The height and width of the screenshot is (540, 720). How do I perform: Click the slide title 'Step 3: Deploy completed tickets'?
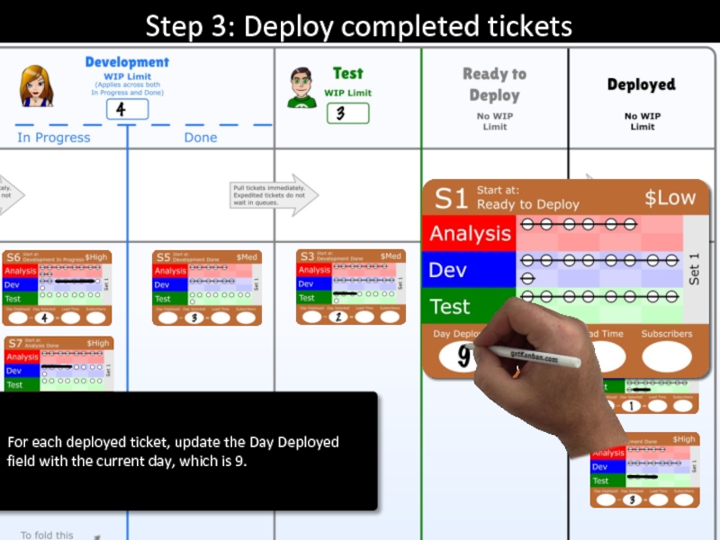[359, 26]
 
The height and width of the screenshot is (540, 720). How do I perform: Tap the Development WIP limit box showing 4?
[127, 110]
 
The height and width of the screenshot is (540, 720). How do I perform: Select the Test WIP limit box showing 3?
[347, 113]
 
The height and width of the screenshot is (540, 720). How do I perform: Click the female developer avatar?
[37, 86]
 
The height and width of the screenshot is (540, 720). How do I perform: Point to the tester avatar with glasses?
[302, 87]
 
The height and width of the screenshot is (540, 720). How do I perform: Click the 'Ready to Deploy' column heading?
[494, 85]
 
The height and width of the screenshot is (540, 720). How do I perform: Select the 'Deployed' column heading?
[641, 85]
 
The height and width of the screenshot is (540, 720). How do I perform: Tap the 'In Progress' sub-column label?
[54, 138]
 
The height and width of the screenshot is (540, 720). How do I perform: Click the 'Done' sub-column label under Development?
[200, 138]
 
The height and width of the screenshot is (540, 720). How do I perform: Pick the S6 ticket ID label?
[13, 256]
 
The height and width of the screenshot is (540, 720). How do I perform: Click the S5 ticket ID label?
[163, 256]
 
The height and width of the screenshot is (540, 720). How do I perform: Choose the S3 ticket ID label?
[307, 256]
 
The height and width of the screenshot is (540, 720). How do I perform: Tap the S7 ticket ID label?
[14, 343]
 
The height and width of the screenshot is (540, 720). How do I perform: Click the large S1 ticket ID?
[451, 198]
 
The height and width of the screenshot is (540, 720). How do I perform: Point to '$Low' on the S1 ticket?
[670, 198]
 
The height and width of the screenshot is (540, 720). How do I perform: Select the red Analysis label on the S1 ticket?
[469, 234]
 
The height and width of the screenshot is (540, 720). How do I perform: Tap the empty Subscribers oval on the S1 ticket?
[666, 356]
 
